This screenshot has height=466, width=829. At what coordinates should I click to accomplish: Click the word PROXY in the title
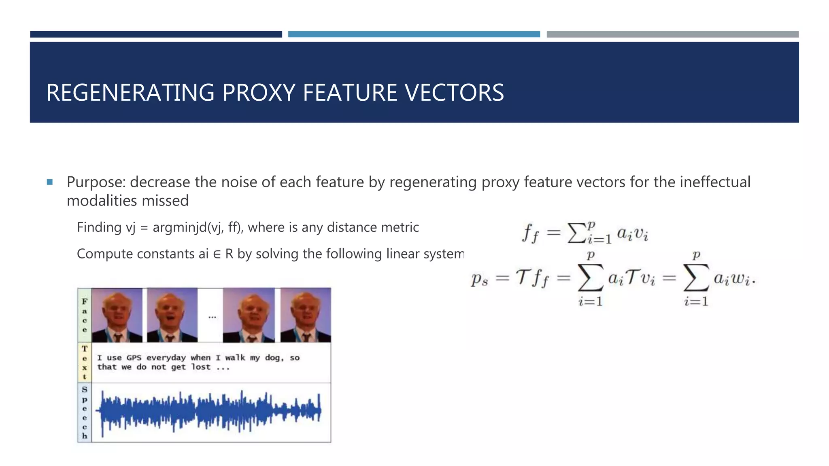[x=259, y=93]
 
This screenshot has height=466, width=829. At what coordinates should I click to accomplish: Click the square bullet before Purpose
[x=50, y=182]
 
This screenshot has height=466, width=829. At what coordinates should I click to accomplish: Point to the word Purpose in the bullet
[x=96, y=182]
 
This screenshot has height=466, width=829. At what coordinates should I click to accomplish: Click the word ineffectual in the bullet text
[x=715, y=182]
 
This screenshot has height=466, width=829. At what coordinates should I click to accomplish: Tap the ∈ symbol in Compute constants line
[x=217, y=254]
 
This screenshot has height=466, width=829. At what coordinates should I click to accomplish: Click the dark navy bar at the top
[x=156, y=34]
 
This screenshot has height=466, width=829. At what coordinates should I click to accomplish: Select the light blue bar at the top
[x=414, y=34]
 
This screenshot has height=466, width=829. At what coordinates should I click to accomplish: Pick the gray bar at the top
[x=672, y=34]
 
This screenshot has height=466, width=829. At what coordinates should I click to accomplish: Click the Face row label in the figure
[x=84, y=315]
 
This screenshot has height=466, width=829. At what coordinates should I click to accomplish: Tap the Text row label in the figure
[x=84, y=362]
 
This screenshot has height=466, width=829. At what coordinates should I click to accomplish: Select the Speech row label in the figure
[x=84, y=413]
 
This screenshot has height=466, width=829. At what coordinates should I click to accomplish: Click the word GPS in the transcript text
[x=134, y=358]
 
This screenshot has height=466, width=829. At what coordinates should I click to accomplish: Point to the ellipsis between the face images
[x=212, y=317]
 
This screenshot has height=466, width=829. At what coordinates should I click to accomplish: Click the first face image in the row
[x=117, y=315]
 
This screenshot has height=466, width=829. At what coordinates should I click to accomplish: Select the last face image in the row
[x=306, y=315]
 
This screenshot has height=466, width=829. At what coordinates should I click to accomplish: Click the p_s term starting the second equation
[x=479, y=279]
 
